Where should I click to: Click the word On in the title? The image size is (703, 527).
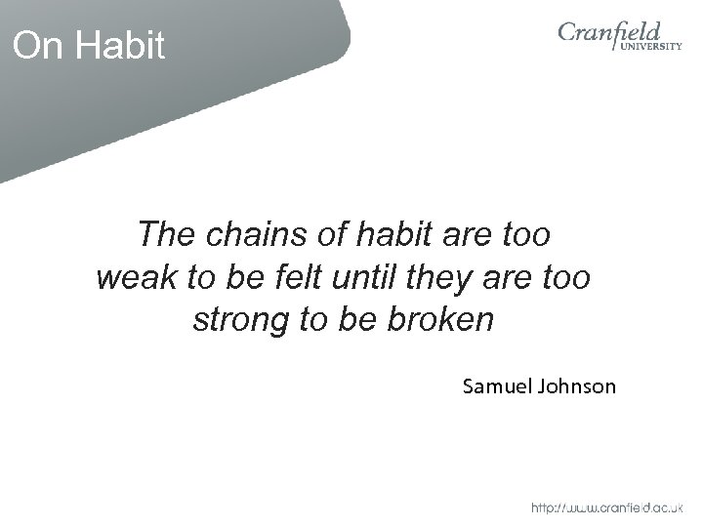click(36, 46)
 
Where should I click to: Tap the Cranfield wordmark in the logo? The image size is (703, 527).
click(610, 35)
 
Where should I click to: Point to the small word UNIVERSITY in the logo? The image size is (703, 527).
click(648, 57)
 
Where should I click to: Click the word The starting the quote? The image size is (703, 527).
click(164, 235)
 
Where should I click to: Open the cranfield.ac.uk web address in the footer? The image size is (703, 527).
click(607, 508)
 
